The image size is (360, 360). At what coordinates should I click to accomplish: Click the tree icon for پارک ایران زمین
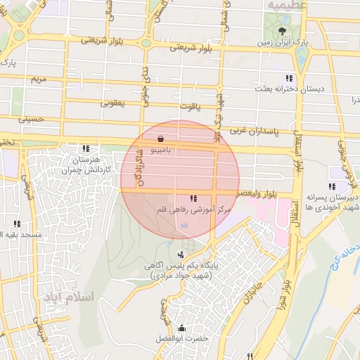coord(282,30)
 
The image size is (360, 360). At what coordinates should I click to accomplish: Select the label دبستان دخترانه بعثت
coord(286,89)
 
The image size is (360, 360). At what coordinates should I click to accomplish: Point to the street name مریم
coord(38,79)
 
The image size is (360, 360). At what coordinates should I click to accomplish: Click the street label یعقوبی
coord(112,103)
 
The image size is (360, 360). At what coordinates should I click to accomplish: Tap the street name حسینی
coord(31,119)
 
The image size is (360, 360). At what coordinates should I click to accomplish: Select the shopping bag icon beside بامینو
coord(162,139)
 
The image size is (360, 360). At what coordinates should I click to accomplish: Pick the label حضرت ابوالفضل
coord(183,338)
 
